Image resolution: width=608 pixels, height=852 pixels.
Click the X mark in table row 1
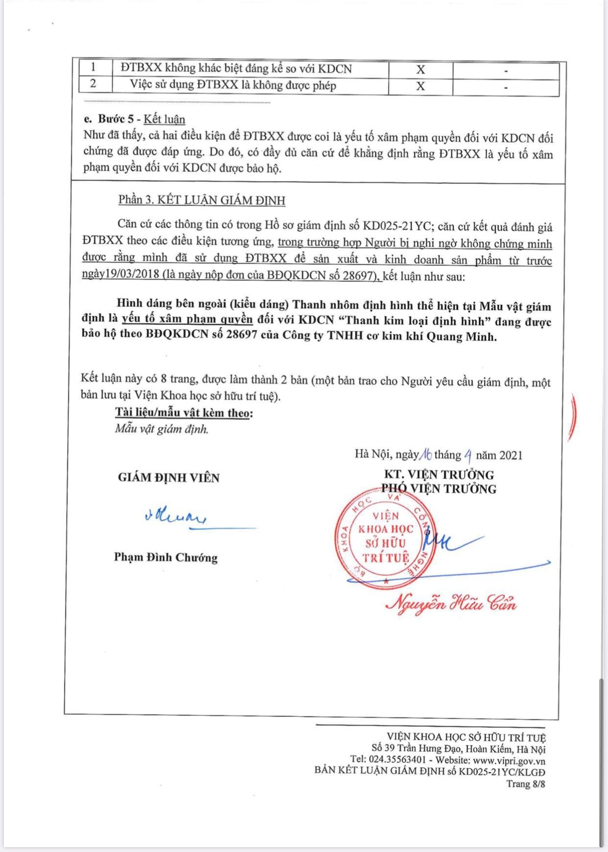pos(421,70)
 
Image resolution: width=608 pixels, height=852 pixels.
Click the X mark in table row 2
pos(421,86)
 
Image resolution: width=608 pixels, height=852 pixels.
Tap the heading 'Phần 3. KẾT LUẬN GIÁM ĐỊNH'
pos(202,200)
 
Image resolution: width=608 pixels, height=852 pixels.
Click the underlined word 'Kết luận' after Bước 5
pos(164,119)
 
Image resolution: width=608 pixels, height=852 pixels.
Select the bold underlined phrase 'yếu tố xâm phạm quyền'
pos(187,319)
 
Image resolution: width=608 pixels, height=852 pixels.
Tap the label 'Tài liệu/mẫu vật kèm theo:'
pos(184,413)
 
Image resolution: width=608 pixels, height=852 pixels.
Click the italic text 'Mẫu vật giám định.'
pos(162,429)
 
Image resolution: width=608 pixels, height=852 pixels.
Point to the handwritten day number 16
pos(425,455)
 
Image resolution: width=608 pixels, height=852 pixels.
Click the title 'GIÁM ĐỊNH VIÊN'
pos(169,478)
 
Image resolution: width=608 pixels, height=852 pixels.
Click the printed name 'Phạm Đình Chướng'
pos(166,557)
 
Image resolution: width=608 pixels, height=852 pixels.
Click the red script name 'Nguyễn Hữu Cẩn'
pos(451,603)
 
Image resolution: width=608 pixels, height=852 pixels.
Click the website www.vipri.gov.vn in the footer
pos(509,761)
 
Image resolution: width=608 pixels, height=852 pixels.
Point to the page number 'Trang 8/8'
pos(526,784)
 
